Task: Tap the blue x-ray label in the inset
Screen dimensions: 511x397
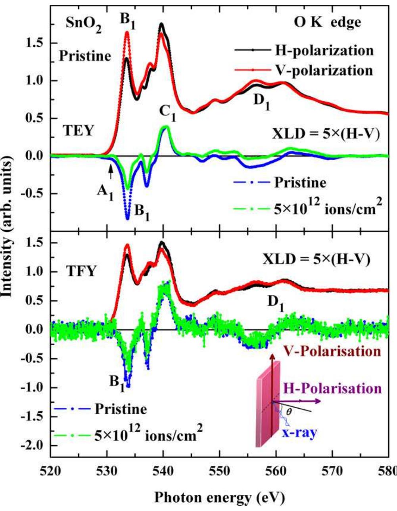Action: point(300,433)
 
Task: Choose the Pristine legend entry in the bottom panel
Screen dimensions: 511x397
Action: point(121,408)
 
